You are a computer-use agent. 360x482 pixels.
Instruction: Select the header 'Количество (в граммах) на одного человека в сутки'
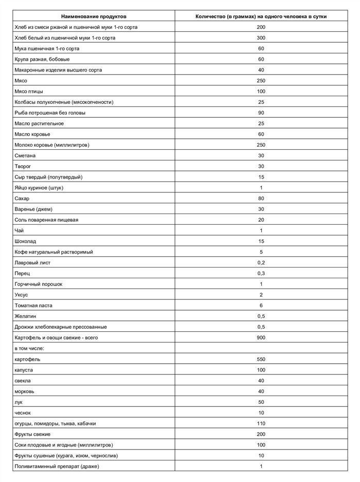pos(261,16)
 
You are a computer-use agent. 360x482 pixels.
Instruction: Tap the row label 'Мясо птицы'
pos(29,91)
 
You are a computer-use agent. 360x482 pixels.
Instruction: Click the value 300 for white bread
pos(261,38)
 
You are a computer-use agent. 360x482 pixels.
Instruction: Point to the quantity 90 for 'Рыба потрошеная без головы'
pos(261,113)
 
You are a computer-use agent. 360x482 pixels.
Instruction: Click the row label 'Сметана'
pos(26,155)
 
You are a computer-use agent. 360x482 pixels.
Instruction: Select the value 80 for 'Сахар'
pos(261,199)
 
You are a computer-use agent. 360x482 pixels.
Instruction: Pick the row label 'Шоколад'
pos(26,241)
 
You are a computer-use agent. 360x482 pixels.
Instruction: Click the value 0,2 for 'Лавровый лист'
pos(261,262)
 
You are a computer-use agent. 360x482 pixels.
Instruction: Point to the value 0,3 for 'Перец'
pos(261,273)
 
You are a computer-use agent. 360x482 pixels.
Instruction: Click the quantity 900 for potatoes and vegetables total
pos(261,337)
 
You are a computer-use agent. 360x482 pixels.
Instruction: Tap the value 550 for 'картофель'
pos(261,359)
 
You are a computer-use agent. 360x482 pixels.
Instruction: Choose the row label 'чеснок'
pos(25,413)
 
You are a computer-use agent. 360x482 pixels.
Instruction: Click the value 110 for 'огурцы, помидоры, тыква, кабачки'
pos(261,423)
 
